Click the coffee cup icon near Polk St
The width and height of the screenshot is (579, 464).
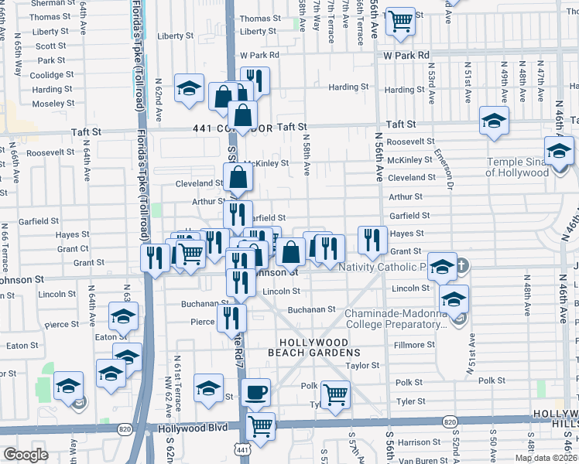click(255, 392)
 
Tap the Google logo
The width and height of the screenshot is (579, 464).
click(26, 455)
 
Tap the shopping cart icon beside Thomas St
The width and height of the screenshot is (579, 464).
click(399, 21)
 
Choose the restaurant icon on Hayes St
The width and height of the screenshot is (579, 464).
click(373, 240)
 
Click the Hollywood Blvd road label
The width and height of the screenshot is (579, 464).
click(184, 428)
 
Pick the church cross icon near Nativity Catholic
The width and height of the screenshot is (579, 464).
click(461, 266)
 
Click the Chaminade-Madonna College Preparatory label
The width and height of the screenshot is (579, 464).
click(396, 319)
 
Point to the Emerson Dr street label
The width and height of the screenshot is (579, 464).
click(444, 169)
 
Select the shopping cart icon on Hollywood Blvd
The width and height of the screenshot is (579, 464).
click(261, 425)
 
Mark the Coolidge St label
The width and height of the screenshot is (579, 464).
click(52, 75)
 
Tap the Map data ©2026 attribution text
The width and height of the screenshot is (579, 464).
click(546, 458)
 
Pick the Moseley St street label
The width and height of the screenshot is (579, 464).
click(53, 103)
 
